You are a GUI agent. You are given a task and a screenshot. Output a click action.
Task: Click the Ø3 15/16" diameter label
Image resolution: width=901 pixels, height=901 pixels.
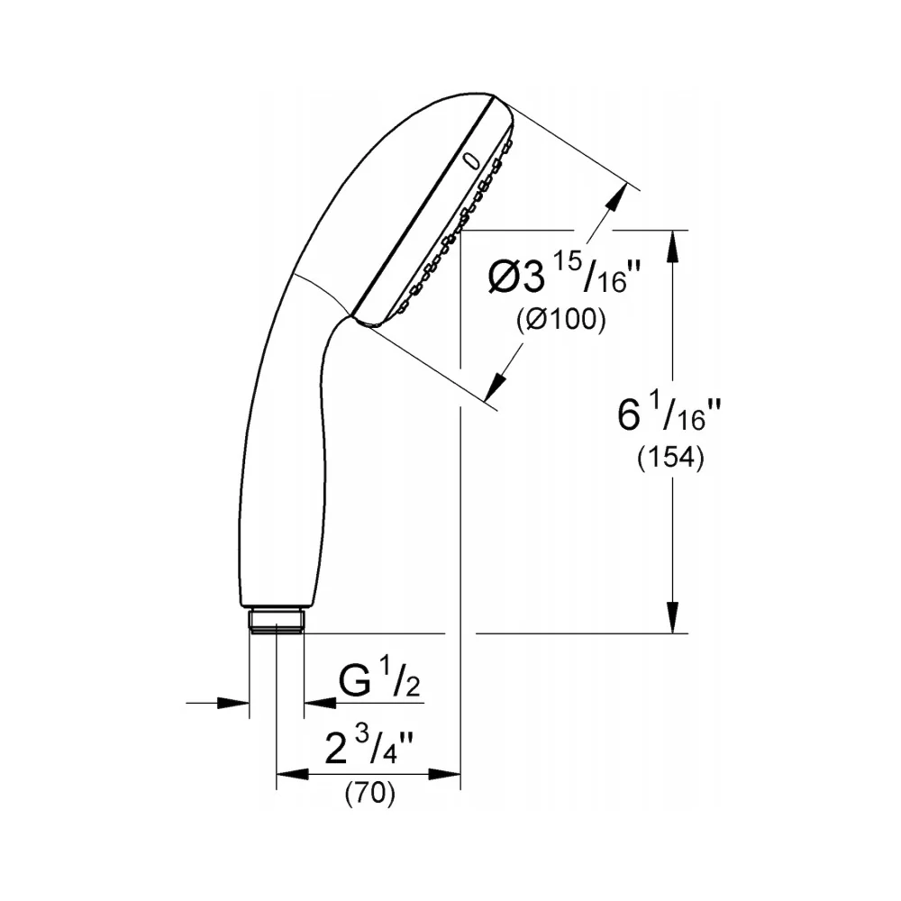click(x=564, y=274)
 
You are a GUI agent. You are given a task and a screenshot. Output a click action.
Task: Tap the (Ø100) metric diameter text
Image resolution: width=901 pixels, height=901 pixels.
click(x=560, y=320)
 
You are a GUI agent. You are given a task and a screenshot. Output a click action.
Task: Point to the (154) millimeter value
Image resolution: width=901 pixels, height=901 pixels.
click(x=670, y=459)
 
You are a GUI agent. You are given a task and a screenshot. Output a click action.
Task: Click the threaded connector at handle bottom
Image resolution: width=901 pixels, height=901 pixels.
click(x=277, y=621)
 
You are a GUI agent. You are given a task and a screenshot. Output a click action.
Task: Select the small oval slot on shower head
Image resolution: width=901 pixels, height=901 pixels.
click(x=472, y=161)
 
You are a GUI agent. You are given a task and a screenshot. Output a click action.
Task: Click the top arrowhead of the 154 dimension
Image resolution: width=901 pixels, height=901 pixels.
click(x=673, y=245)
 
